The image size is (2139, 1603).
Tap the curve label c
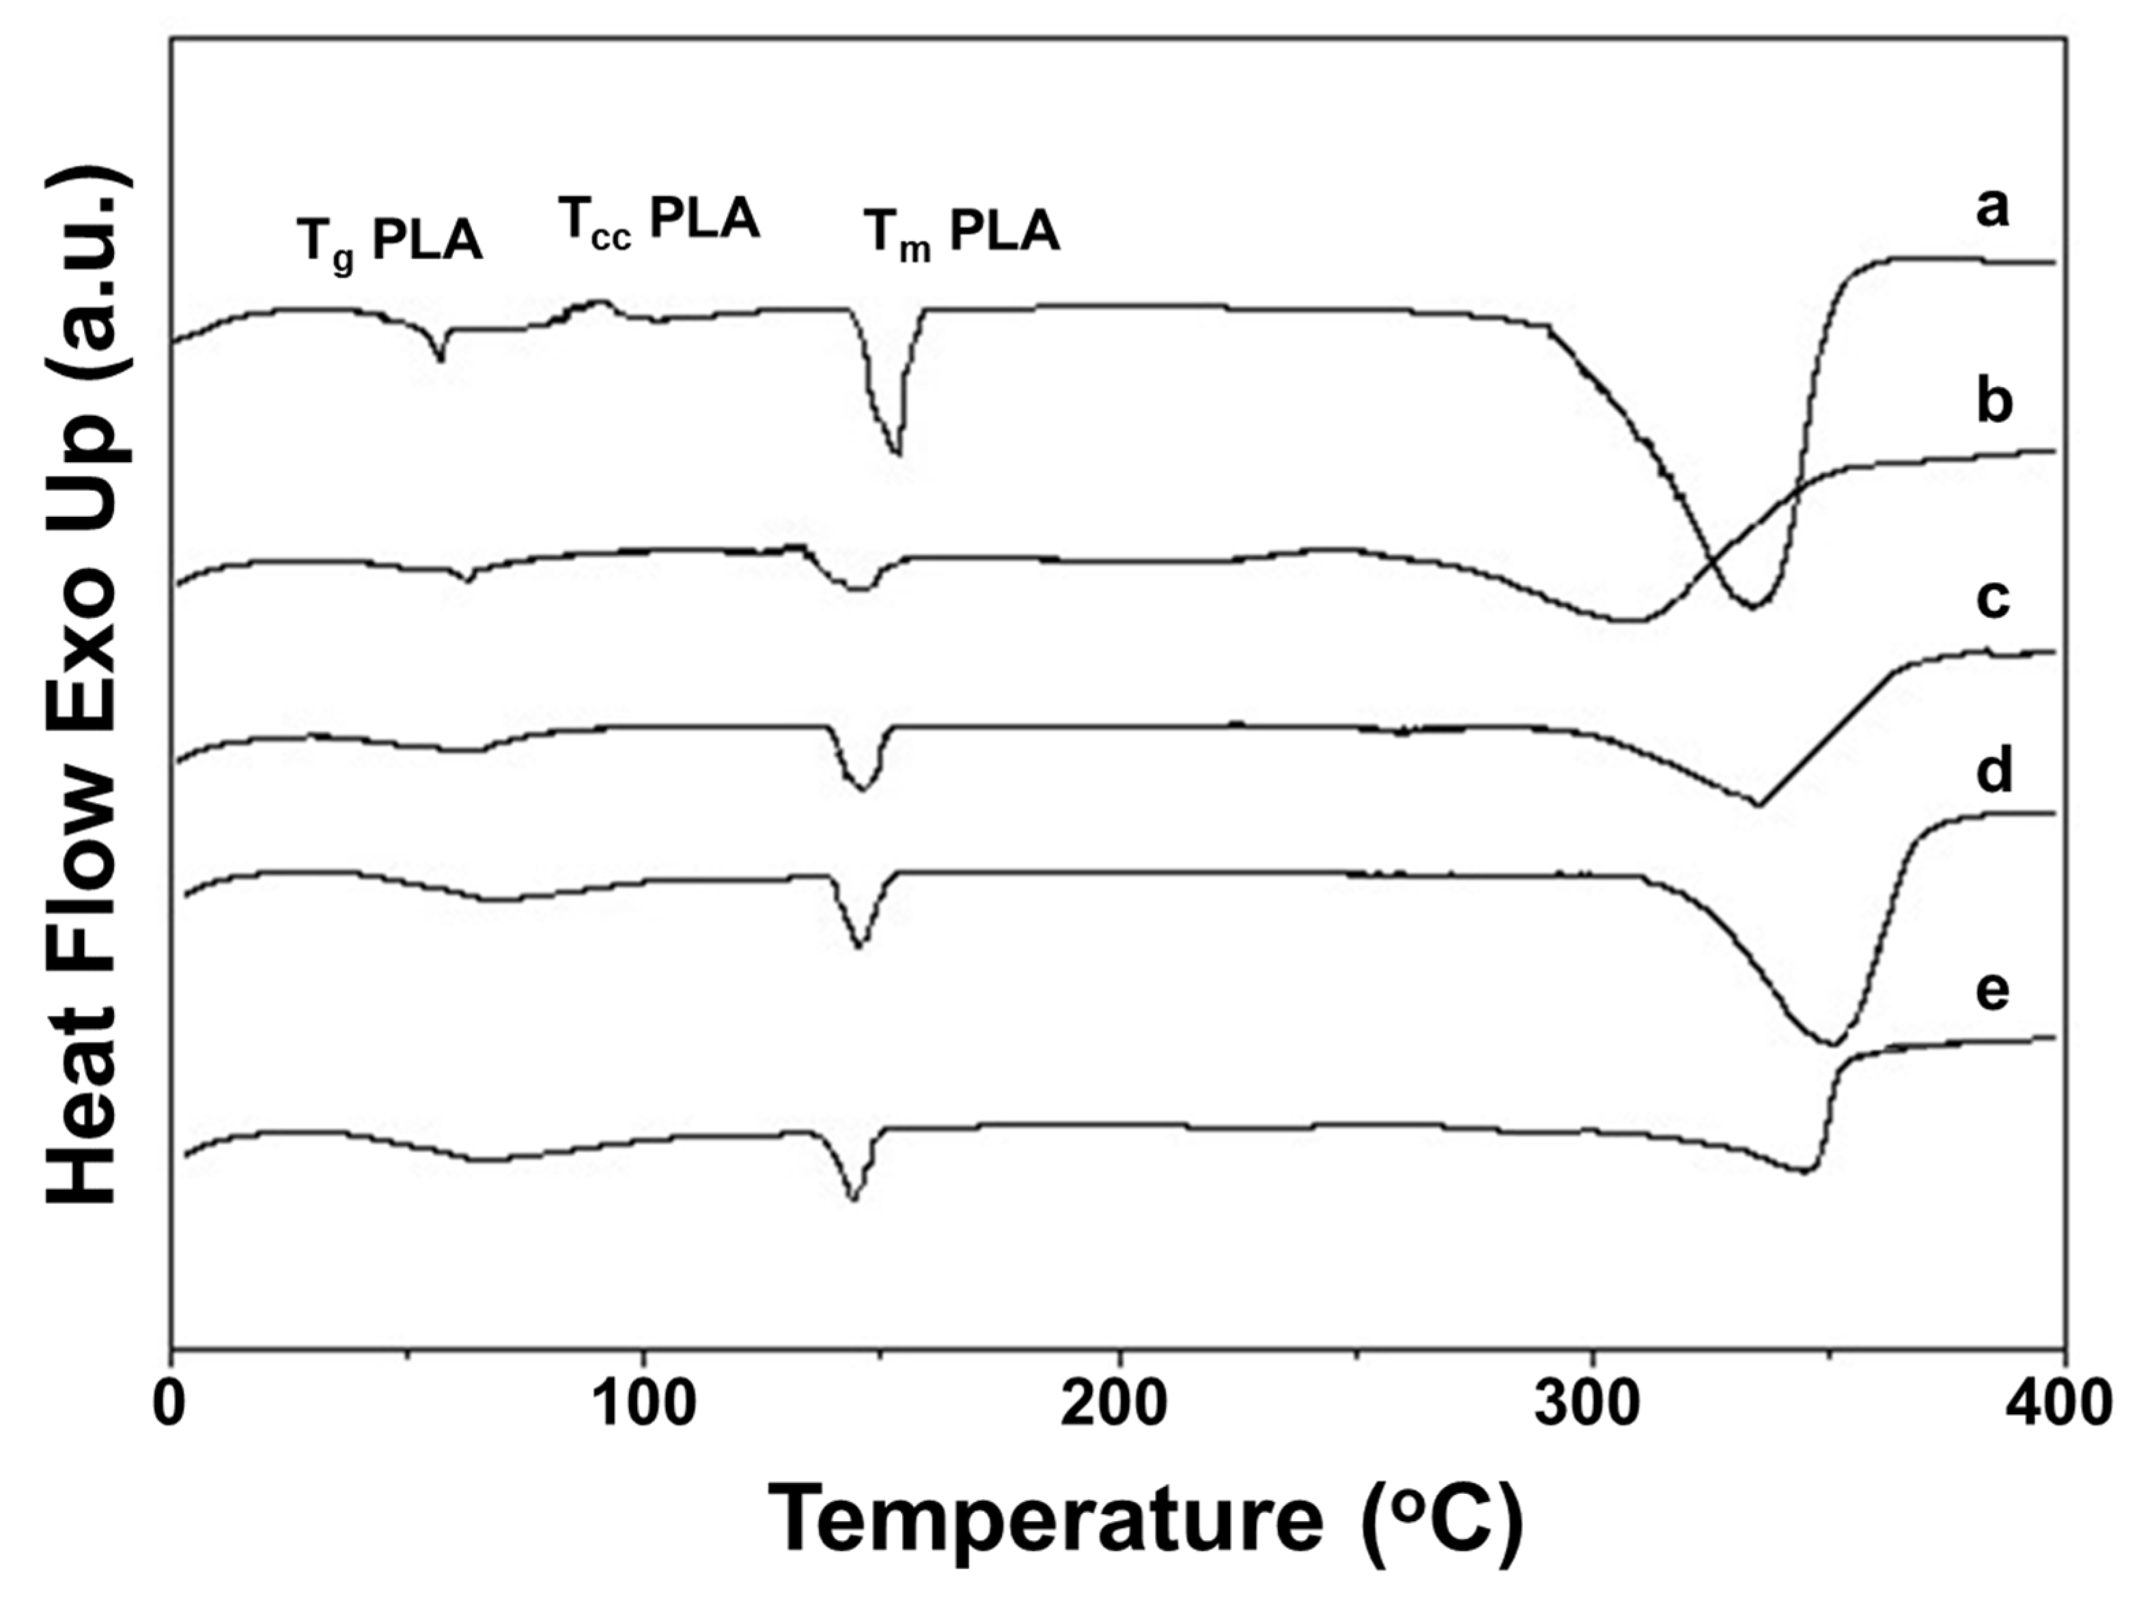click(x=1993, y=599)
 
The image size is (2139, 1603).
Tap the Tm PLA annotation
click(x=962, y=235)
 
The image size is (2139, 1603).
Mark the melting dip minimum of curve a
click(x=897, y=453)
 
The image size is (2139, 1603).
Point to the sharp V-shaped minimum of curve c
click(x=1760, y=804)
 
